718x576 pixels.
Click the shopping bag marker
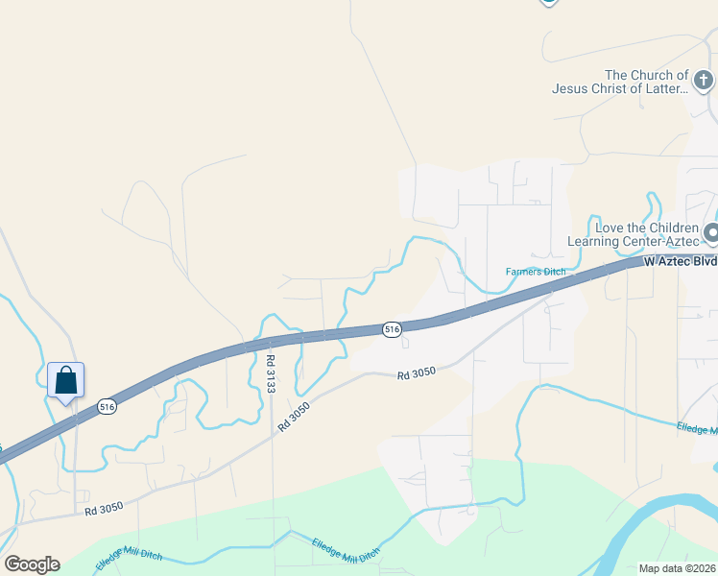point(65,380)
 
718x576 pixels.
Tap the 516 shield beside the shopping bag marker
point(107,407)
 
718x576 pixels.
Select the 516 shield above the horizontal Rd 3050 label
point(391,329)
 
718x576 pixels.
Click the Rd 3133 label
point(271,373)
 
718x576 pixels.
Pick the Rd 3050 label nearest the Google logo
point(105,512)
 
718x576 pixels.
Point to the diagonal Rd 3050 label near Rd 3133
point(295,414)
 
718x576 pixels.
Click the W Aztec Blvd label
point(681,261)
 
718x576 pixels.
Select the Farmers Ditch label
point(536,272)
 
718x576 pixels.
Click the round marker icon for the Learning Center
point(712,232)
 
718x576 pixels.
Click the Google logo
point(32,564)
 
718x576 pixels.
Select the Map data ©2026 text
point(678,568)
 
